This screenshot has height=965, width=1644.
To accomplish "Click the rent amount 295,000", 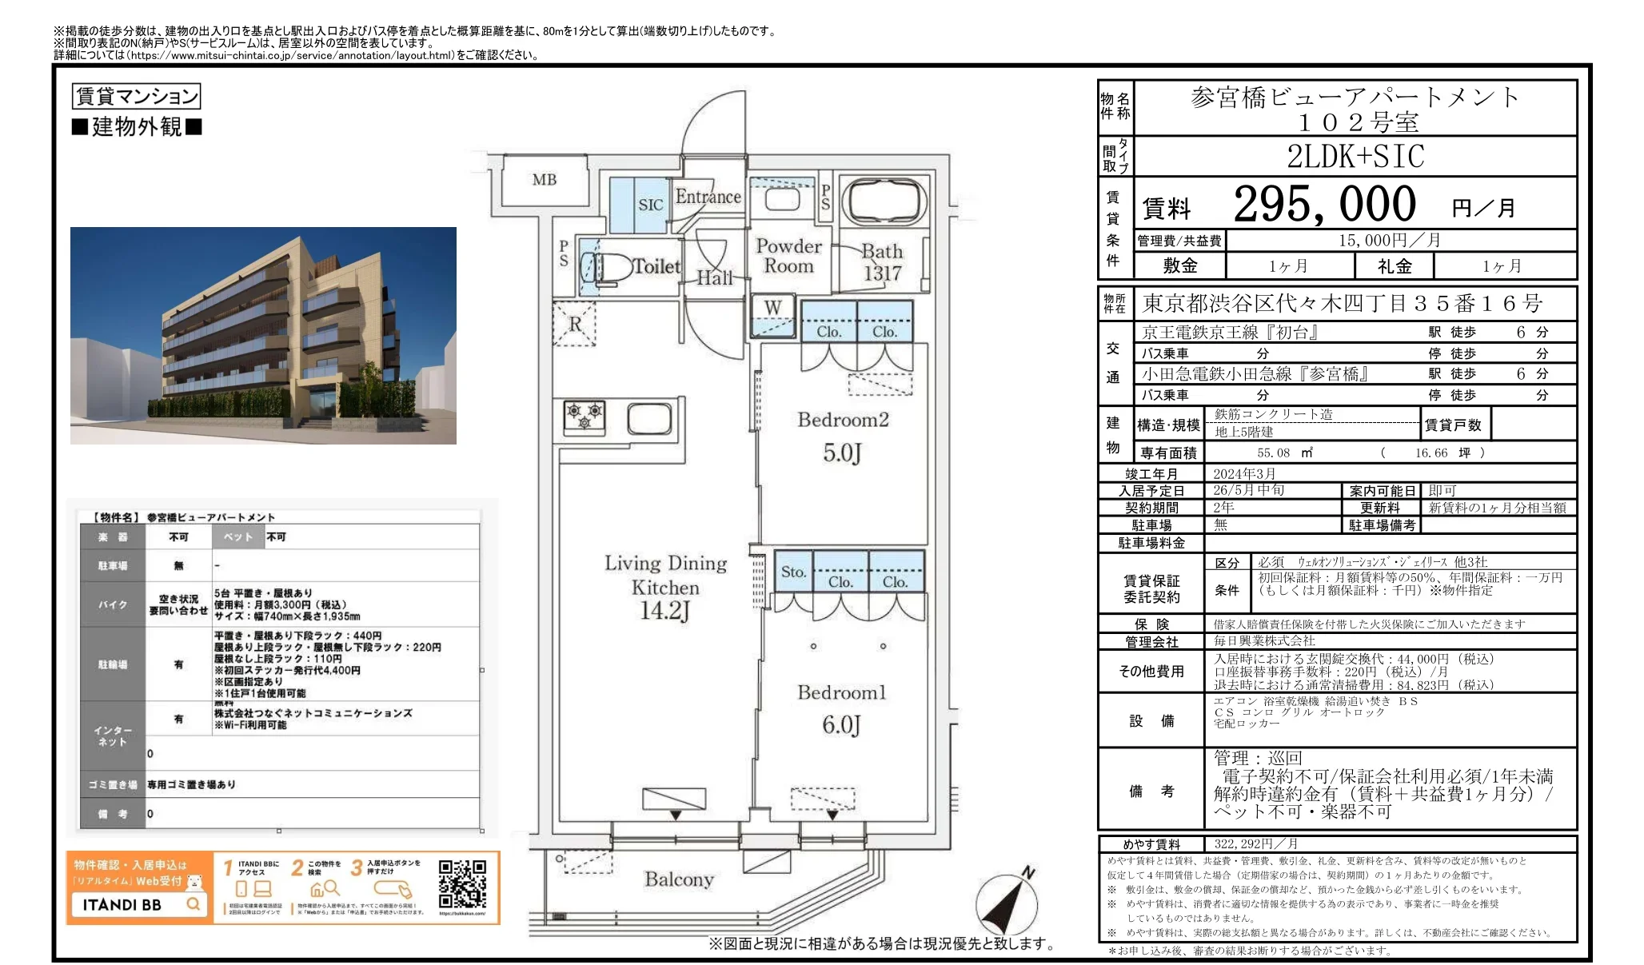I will point(1324,204).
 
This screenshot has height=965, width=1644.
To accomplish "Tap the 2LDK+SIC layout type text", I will point(1355,156).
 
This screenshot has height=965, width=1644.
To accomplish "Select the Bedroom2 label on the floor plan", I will point(843,420).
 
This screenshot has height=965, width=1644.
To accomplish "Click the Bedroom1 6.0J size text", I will point(841,724).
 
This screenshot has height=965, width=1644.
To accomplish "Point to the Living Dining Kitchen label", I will point(665,575).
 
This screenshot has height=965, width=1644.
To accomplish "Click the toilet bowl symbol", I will point(610,268).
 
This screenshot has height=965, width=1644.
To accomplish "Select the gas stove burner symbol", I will point(585,416).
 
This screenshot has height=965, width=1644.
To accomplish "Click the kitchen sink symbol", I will point(648,418).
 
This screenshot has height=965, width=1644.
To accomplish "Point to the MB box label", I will point(545,180).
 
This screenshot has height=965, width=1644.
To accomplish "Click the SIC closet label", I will point(650,205).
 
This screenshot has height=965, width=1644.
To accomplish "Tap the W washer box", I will point(772,308).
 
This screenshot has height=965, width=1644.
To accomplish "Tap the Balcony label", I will point(679,879).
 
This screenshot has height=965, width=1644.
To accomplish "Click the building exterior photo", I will point(263,335).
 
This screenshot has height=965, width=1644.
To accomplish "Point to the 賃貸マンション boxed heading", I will point(136,96).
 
